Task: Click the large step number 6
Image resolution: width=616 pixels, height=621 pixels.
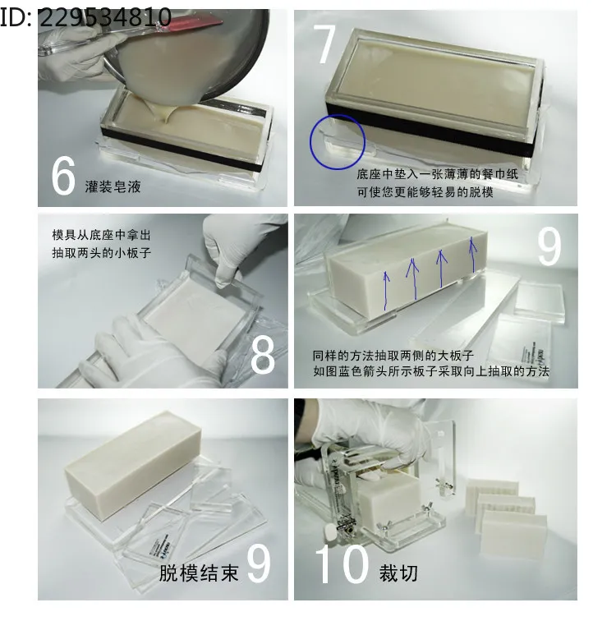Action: tap(63, 176)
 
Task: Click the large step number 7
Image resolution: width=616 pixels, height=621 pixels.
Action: tap(324, 44)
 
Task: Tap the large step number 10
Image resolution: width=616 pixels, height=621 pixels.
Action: tap(342, 564)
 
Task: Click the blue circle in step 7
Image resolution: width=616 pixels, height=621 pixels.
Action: tap(338, 115)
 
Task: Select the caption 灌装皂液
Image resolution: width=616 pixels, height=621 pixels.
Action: tap(113, 186)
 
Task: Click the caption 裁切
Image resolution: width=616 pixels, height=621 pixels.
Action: tap(398, 573)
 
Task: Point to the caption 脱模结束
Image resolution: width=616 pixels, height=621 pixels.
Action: tap(199, 573)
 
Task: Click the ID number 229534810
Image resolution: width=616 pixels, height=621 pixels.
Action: tap(105, 17)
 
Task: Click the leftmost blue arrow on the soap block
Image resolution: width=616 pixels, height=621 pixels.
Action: tap(386, 290)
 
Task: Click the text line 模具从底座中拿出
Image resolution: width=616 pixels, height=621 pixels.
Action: tap(101, 235)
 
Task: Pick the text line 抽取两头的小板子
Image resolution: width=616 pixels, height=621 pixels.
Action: tap(101, 253)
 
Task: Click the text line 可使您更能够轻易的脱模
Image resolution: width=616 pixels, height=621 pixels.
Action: tap(425, 192)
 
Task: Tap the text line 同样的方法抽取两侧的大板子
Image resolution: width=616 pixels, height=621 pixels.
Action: tap(393, 355)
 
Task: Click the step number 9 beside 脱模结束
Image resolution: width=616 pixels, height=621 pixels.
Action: tap(259, 564)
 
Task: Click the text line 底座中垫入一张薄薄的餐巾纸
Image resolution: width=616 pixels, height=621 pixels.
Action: tap(438, 174)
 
